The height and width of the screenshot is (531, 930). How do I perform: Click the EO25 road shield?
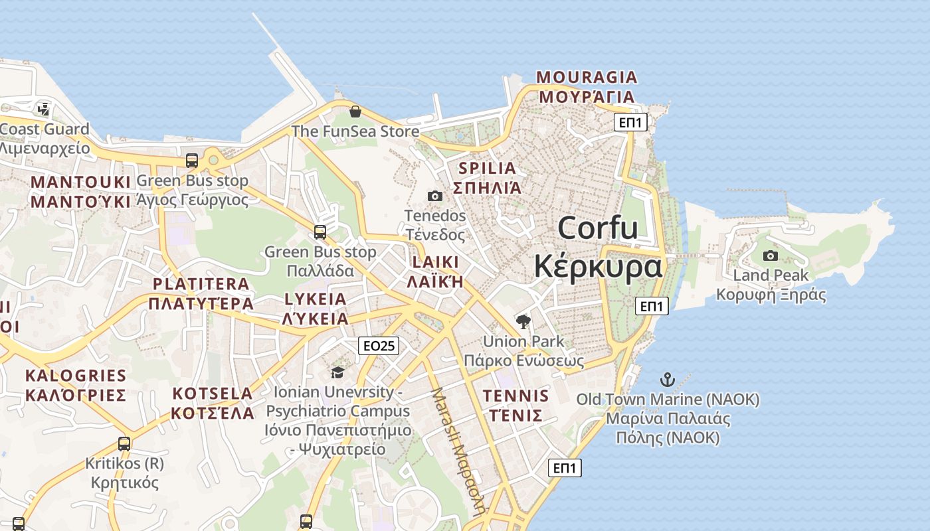coord(378,346)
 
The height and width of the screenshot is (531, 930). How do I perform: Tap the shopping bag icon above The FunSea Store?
coord(355,111)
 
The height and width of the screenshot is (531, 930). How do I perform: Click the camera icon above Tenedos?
coord(435,196)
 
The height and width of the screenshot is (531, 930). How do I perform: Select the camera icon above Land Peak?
coord(771,256)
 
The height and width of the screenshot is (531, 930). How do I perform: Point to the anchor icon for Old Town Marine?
coord(667,380)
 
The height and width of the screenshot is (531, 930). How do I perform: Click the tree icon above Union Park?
coord(523,322)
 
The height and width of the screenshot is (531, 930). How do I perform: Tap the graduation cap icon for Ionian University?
coord(337,372)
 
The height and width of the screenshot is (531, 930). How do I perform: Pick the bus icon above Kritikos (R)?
coord(124,443)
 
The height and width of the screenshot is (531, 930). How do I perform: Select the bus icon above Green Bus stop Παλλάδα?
coord(320,232)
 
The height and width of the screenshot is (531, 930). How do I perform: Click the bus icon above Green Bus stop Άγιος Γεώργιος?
coord(192,161)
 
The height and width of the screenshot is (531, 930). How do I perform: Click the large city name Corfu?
coord(598,228)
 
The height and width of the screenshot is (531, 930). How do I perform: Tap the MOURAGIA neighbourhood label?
coord(587,78)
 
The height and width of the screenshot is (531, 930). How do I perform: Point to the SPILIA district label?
coord(487,168)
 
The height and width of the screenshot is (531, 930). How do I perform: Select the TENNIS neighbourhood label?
coord(516,396)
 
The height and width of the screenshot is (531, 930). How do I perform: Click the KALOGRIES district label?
coord(75,376)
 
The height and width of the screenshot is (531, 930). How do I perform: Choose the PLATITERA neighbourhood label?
coord(201,284)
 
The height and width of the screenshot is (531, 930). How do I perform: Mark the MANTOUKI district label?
coord(81,182)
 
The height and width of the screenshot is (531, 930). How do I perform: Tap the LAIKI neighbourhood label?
coord(435,262)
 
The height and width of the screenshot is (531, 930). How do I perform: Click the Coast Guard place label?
coord(45,129)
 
